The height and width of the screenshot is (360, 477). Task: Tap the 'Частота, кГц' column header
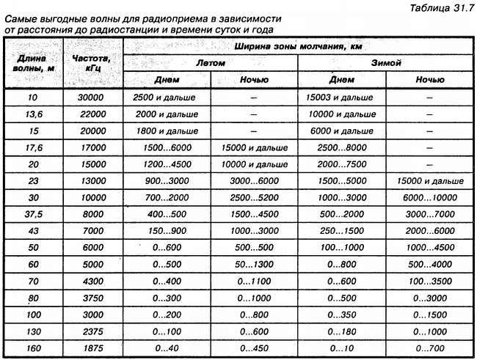(92, 62)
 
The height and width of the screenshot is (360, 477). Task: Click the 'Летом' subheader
(211, 63)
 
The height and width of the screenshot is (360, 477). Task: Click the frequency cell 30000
(92, 97)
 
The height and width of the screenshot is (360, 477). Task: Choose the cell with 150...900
(167, 231)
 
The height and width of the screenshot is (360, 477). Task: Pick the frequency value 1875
(92, 347)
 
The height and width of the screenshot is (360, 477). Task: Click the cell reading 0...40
(167, 347)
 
